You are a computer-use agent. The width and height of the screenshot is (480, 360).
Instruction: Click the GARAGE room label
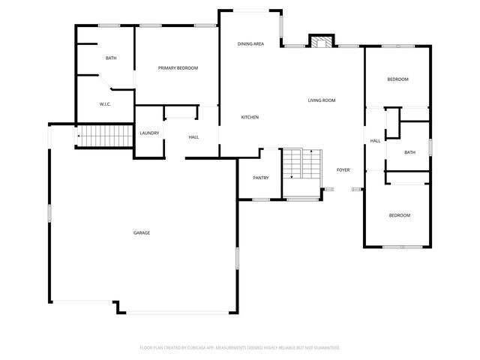(x=142, y=232)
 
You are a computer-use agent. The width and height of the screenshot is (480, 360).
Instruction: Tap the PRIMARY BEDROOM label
(x=178, y=68)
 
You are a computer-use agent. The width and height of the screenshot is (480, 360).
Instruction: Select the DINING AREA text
(x=250, y=44)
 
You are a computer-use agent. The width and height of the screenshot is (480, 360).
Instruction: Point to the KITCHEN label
(x=250, y=118)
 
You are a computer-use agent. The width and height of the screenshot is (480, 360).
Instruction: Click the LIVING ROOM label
(x=321, y=100)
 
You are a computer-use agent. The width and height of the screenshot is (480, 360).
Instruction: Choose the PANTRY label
(x=261, y=178)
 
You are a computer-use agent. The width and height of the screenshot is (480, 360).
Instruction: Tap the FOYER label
(x=343, y=169)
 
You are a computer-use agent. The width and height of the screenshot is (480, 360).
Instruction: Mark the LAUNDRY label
(x=148, y=133)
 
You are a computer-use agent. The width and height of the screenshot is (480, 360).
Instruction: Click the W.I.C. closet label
(x=105, y=104)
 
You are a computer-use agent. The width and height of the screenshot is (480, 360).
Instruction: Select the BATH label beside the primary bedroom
(x=111, y=58)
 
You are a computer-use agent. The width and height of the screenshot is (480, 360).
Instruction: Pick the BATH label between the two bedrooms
(x=409, y=152)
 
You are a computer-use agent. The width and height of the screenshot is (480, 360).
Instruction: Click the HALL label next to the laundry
(x=193, y=137)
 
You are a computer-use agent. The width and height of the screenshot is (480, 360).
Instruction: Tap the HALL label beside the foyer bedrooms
(x=375, y=140)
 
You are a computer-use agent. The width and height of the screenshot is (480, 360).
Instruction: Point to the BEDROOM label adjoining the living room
(x=397, y=79)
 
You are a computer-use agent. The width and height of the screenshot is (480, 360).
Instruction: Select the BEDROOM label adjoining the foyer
(x=399, y=216)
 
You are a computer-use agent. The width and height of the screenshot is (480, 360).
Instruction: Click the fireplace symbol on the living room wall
(x=321, y=41)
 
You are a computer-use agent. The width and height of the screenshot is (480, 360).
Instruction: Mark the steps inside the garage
(x=101, y=136)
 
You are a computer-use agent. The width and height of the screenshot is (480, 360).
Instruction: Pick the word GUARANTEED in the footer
(x=325, y=348)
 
